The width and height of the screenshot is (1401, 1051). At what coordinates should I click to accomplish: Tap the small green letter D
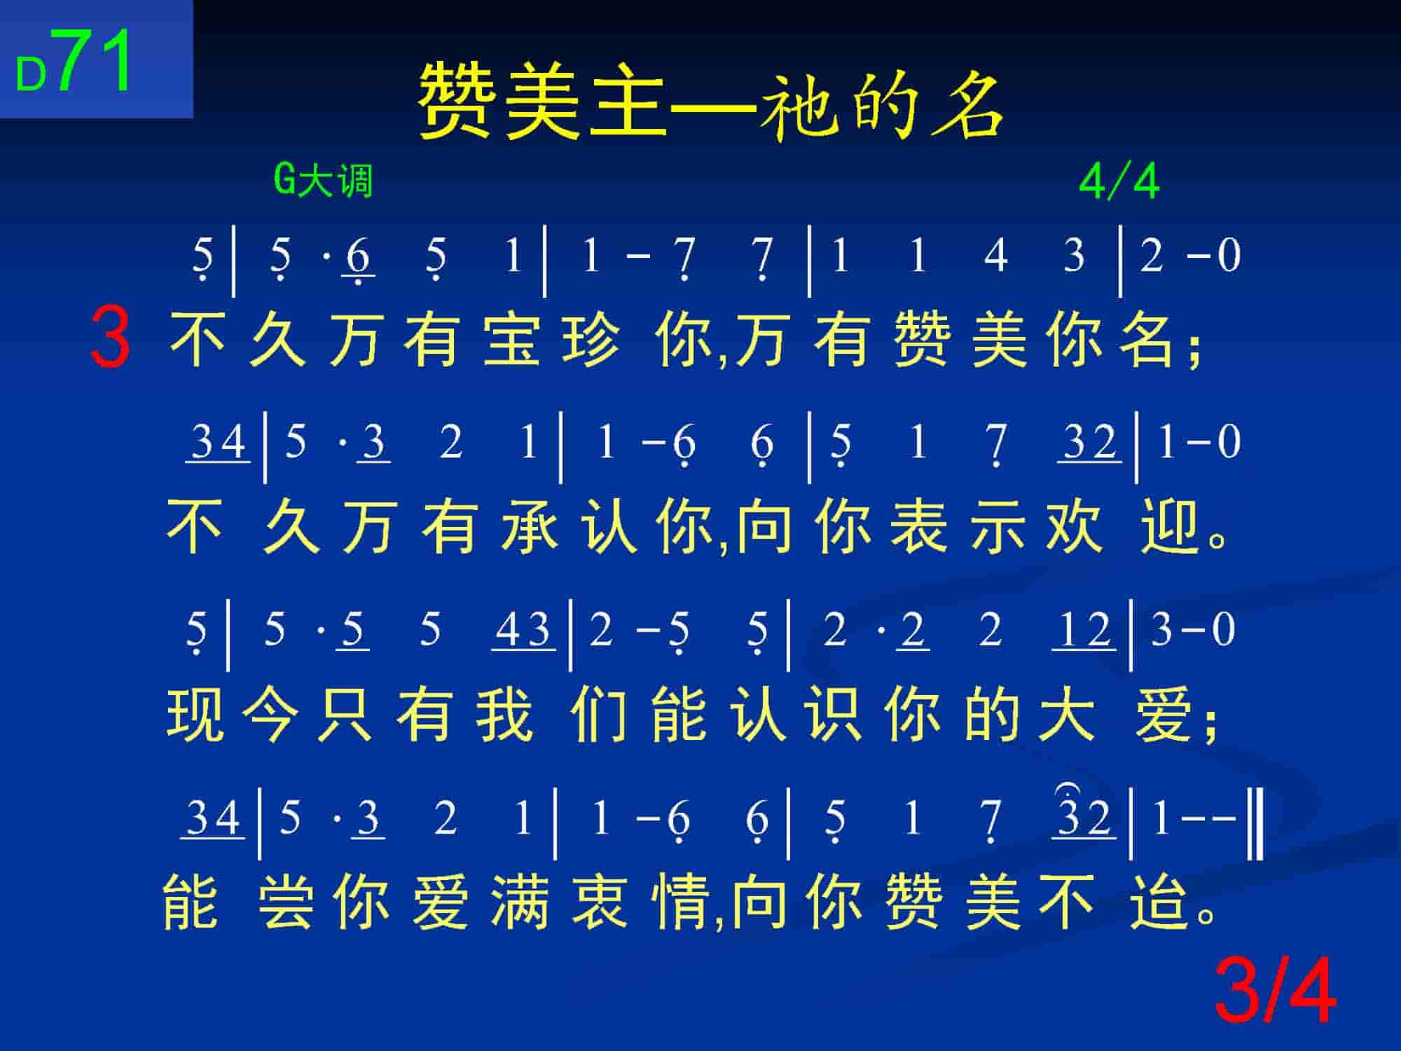[x=32, y=75]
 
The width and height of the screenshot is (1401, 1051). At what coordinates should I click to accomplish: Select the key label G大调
[x=323, y=181]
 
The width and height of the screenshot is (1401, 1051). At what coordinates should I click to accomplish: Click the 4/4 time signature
[x=1119, y=182]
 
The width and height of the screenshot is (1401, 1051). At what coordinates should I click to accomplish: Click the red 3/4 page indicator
[x=1275, y=992]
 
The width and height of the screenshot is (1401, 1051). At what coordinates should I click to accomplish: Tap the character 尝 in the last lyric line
[x=285, y=902]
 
